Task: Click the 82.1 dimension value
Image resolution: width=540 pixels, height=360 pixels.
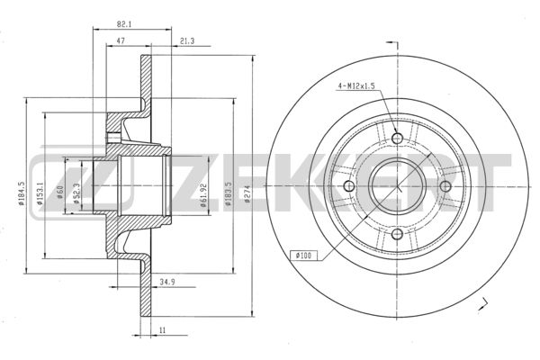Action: [x=124, y=24]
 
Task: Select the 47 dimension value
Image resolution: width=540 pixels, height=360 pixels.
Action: [x=121, y=40]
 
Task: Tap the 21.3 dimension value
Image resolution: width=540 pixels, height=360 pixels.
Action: [x=187, y=41]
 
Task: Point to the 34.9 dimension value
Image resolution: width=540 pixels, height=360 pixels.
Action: [x=167, y=282]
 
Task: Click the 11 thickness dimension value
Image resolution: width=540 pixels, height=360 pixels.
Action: [x=162, y=330]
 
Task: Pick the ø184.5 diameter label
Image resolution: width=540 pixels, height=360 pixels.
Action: [x=22, y=193]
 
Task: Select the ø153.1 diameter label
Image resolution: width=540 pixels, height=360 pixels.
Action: [x=40, y=193]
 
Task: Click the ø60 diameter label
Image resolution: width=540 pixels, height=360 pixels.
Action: [x=59, y=193]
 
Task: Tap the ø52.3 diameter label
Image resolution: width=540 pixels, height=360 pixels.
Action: [x=76, y=193]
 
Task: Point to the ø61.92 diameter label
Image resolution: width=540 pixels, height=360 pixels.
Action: [x=203, y=195]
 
